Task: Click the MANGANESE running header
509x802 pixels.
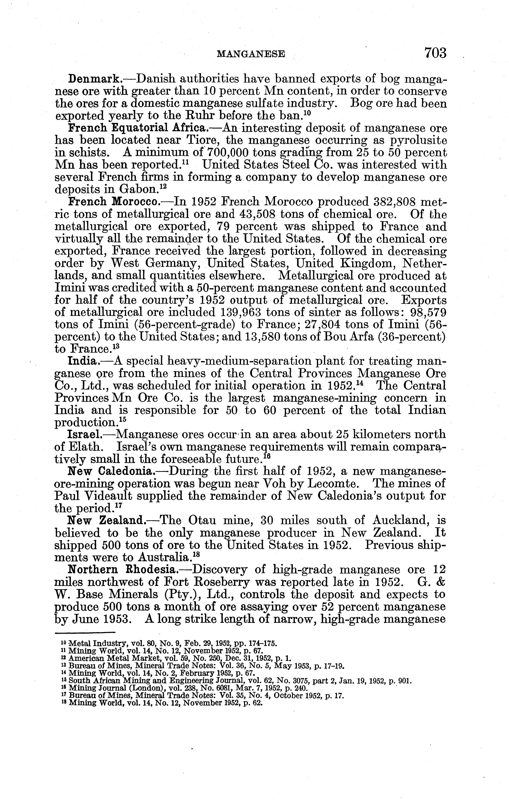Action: [251, 54]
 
